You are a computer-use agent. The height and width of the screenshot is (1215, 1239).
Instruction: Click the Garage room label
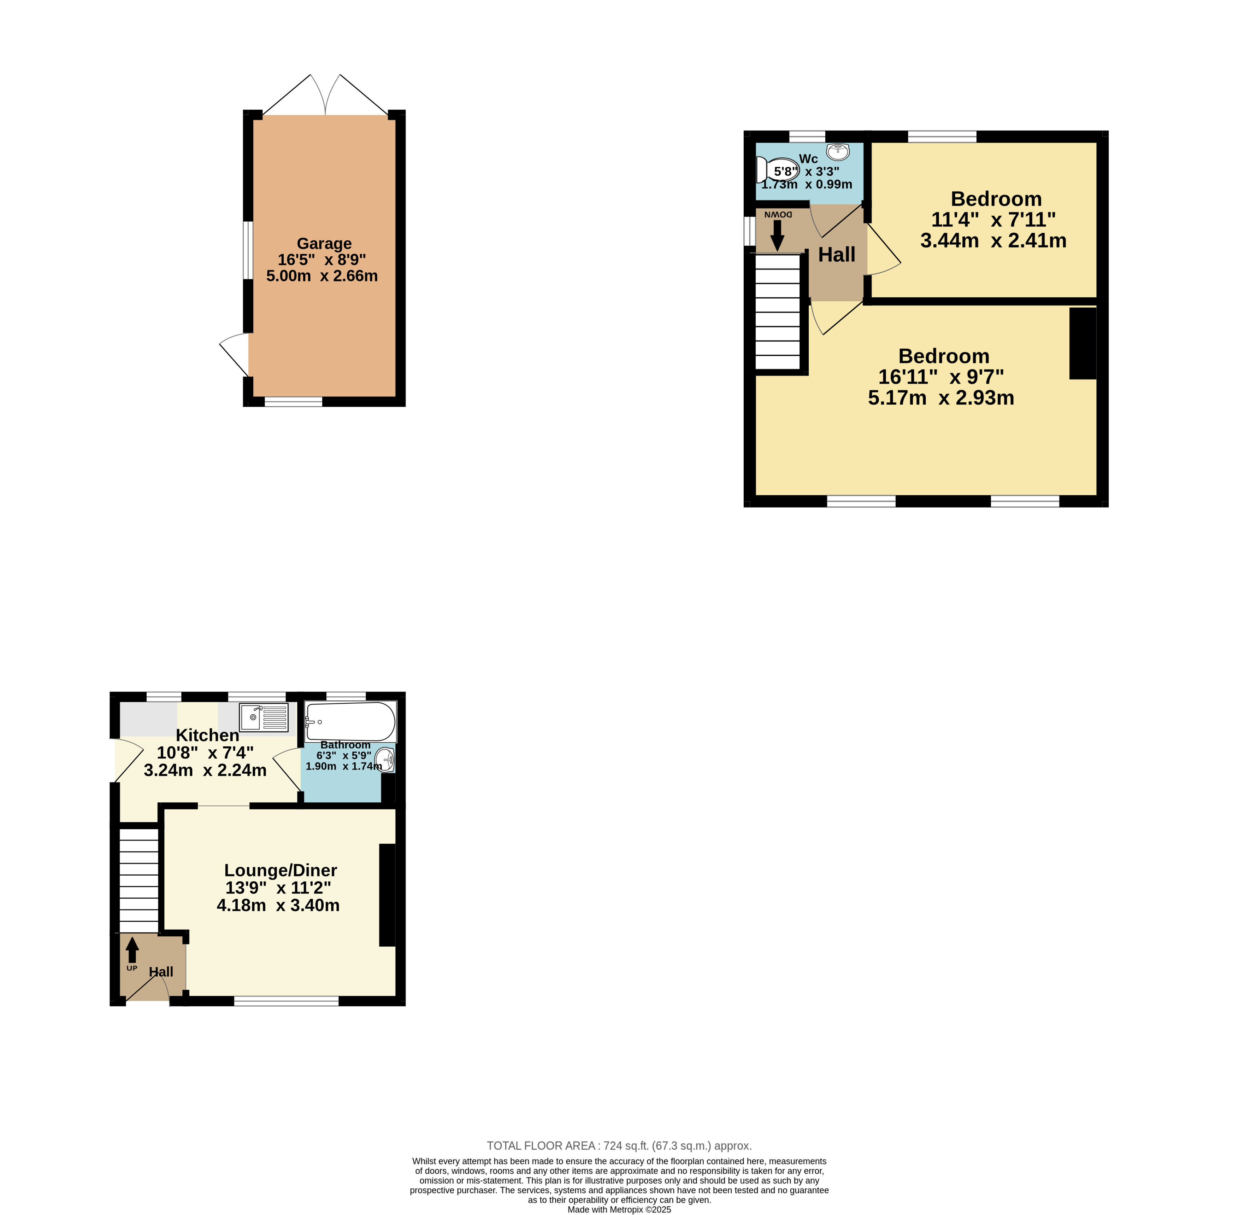tap(324, 244)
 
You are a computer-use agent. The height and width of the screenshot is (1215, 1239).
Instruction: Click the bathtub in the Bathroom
tap(350, 722)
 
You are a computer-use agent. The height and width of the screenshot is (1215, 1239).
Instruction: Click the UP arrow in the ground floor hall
tap(132, 949)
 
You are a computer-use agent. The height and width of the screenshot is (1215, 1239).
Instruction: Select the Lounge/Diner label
tap(281, 871)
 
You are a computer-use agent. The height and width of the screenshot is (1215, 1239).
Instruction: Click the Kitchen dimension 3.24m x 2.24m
tap(205, 770)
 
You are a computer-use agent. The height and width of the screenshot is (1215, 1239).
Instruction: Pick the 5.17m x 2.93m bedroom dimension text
tap(941, 397)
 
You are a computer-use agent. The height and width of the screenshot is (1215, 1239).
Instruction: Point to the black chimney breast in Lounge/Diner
tap(387, 895)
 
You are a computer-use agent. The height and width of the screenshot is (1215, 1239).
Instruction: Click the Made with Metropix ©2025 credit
tap(619, 1209)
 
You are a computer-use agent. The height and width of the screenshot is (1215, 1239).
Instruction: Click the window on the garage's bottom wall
tap(293, 401)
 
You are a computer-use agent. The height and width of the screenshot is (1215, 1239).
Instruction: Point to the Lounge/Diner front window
tap(286, 1001)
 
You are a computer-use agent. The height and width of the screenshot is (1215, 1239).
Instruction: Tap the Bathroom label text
tap(345, 745)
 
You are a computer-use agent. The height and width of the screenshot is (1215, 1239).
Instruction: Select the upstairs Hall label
tap(837, 255)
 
